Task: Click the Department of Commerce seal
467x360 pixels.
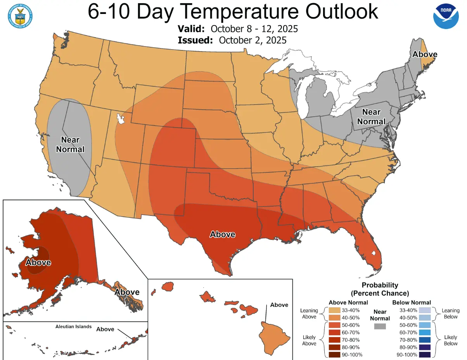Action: tap(20, 15)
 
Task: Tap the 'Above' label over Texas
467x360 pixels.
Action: tap(222, 234)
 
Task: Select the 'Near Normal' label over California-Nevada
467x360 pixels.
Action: tap(70, 144)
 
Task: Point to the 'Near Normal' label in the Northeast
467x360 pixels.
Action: tap(371, 116)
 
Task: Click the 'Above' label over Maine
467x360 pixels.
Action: tap(424, 54)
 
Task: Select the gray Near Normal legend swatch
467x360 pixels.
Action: tap(380, 327)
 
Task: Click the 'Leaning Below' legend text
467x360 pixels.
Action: tap(450, 313)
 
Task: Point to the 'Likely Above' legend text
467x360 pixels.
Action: tap(309, 340)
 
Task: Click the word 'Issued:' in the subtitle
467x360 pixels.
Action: tap(195, 40)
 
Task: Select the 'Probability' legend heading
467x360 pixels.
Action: tap(380, 285)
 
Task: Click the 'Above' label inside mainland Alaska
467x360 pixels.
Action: tap(38, 262)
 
